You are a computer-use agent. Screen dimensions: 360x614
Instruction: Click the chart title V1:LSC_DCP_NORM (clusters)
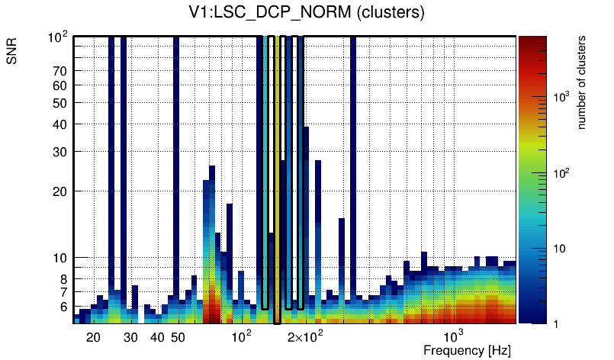[307, 13]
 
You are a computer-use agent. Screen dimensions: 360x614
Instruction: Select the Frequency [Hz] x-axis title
[467, 350]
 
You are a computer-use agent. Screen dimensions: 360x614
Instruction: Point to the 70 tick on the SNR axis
[60, 72]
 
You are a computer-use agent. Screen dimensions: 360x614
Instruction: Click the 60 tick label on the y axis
[60, 86]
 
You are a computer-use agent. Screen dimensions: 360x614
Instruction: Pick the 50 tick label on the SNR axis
[60, 103]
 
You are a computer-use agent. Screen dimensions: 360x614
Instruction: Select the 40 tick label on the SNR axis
[60, 124]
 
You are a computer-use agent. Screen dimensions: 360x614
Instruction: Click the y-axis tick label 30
[60, 152]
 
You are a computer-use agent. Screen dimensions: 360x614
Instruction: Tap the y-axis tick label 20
[60, 191]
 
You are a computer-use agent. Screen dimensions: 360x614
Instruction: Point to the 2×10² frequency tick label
[305, 337]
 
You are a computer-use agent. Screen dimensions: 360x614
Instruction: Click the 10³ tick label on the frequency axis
[454, 336]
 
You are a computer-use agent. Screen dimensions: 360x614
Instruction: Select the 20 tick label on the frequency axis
[93, 337]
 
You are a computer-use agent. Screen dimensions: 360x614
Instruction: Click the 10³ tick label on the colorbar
[561, 97]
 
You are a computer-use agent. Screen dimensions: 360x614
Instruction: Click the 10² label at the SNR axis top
[58, 37]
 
